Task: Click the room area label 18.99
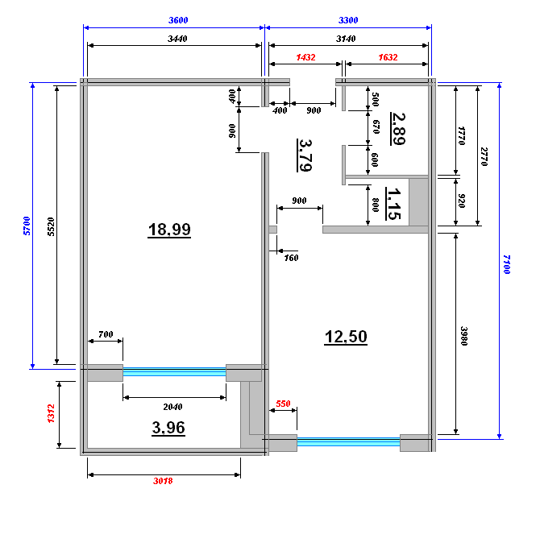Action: point(169,230)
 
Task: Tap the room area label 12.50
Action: point(346,337)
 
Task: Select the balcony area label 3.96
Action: point(168,428)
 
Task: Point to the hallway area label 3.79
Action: point(305,155)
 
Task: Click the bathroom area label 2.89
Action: point(398,129)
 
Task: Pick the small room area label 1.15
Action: point(393,204)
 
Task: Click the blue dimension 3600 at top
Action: point(178,20)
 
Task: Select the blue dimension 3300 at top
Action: point(348,20)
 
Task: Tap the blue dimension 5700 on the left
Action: point(27,226)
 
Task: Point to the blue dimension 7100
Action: point(507,264)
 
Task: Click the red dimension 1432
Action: point(305,57)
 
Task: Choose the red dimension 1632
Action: point(388,57)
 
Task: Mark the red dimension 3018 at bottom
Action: point(163,481)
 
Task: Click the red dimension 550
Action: point(283,404)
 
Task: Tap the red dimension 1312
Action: point(51,413)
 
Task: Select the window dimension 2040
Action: point(172,407)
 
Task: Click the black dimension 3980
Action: point(464,336)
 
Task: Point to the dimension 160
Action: point(291,258)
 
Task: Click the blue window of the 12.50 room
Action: point(348,441)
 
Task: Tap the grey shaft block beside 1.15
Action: point(419,202)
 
